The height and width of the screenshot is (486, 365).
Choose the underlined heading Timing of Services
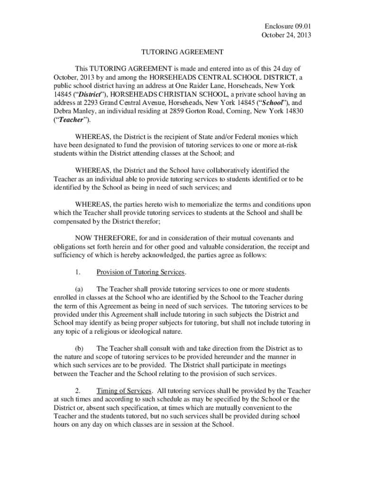(124, 391)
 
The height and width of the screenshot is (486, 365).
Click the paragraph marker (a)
(79, 289)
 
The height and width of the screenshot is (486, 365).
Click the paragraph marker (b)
(79, 348)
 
